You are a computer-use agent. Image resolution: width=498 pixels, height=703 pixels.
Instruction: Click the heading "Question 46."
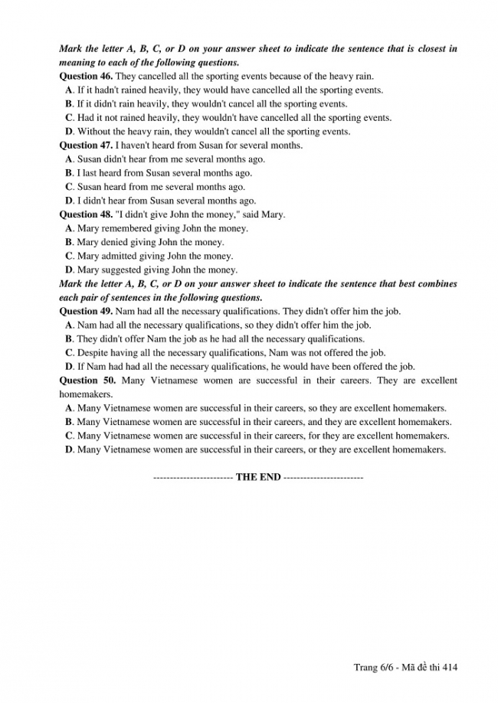click(x=86, y=77)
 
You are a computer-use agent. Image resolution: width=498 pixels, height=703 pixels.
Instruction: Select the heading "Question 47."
click(x=86, y=146)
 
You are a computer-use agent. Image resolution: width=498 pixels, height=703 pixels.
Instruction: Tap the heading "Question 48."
click(x=86, y=214)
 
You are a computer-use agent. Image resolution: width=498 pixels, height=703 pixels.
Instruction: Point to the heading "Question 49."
click(x=86, y=312)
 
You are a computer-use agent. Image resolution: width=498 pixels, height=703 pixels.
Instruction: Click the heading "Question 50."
click(x=87, y=381)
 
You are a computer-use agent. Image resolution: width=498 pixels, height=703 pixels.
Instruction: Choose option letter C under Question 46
click(x=69, y=118)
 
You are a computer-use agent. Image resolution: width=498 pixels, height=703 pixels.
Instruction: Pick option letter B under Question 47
click(x=69, y=173)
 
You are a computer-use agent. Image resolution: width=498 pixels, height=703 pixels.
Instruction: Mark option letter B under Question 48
click(x=69, y=242)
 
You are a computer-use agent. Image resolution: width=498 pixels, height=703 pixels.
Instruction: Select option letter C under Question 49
click(x=69, y=353)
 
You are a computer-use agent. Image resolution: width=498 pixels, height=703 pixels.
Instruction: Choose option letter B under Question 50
click(x=69, y=422)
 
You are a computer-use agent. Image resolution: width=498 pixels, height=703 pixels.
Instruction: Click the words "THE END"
click(x=258, y=477)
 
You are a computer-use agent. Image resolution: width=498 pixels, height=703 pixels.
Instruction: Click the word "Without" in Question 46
click(x=94, y=132)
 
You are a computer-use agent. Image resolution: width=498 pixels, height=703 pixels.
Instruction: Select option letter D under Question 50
click(x=69, y=450)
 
